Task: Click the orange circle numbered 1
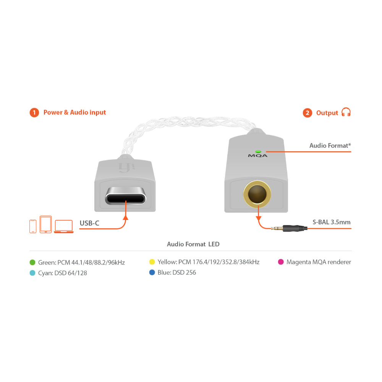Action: (34, 113)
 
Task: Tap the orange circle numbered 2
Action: (308, 113)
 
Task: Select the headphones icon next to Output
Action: (346, 112)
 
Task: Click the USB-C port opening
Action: (125, 196)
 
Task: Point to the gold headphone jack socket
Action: (257, 194)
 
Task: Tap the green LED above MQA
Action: (258, 152)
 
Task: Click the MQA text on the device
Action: (257, 156)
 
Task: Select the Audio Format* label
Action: (330, 146)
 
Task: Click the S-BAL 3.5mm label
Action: (332, 222)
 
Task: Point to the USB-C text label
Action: (89, 223)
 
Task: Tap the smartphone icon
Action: (33, 226)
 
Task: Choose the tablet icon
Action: (45, 224)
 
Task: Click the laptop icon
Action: (63, 227)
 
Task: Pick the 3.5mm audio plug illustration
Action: (289, 228)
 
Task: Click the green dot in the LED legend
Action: (32, 262)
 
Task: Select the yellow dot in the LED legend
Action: (152, 262)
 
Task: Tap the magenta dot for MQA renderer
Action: (281, 262)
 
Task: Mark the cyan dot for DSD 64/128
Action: (32, 273)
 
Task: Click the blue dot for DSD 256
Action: (152, 272)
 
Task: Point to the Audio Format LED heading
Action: (193, 244)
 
